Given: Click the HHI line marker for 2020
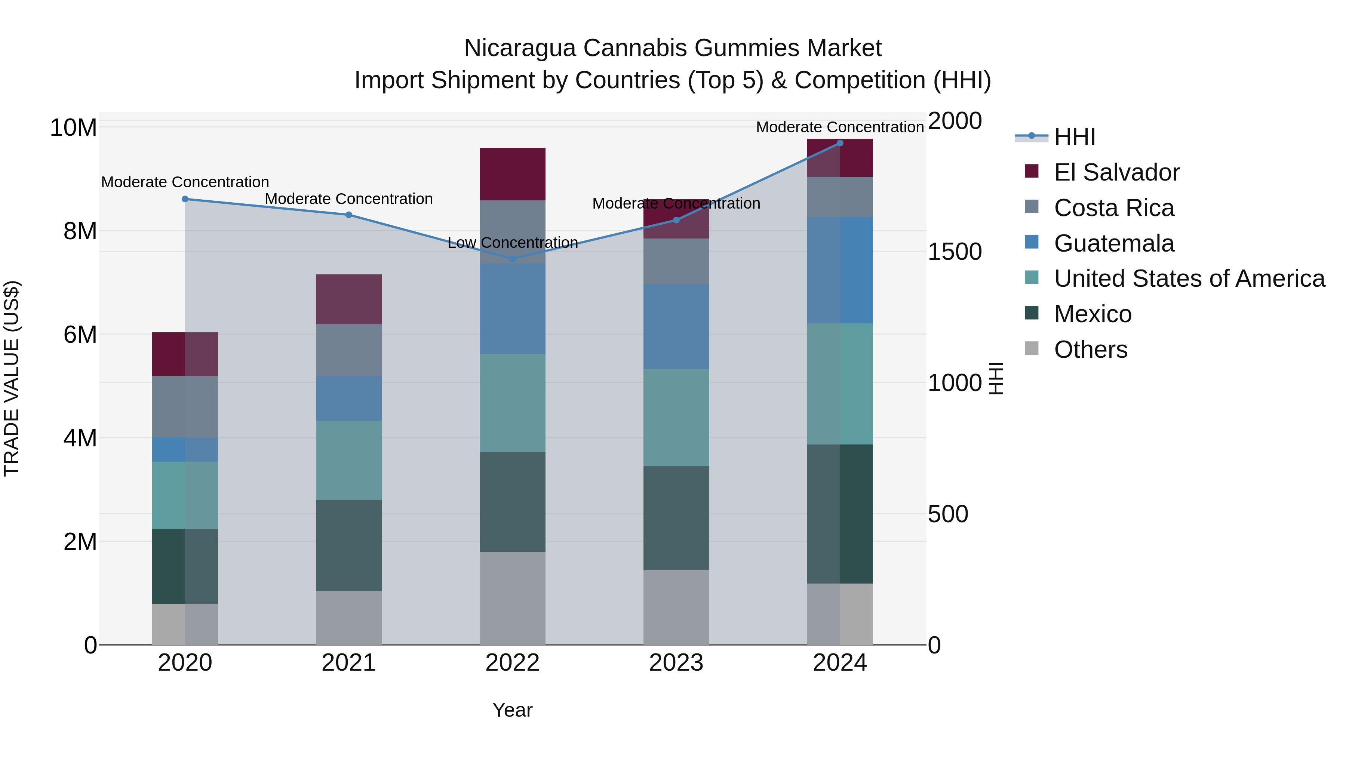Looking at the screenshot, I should click(185, 199).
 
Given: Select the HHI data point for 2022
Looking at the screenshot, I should click(512, 259).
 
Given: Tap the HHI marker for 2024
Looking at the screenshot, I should click(840, 143).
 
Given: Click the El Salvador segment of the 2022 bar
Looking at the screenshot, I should click(512, 174).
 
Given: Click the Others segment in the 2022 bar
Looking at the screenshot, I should click(512, 598).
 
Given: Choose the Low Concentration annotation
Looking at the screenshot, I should click(513, 243).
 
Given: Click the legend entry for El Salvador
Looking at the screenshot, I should click(1116, 172).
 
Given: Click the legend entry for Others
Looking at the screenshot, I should click(1091, 350).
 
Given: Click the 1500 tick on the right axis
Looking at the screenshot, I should click(955, 252).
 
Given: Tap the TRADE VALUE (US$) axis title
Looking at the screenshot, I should click(12, 378).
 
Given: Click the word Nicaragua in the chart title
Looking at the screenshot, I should click(520, 48).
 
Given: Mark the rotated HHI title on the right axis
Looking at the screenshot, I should click(996, 378).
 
